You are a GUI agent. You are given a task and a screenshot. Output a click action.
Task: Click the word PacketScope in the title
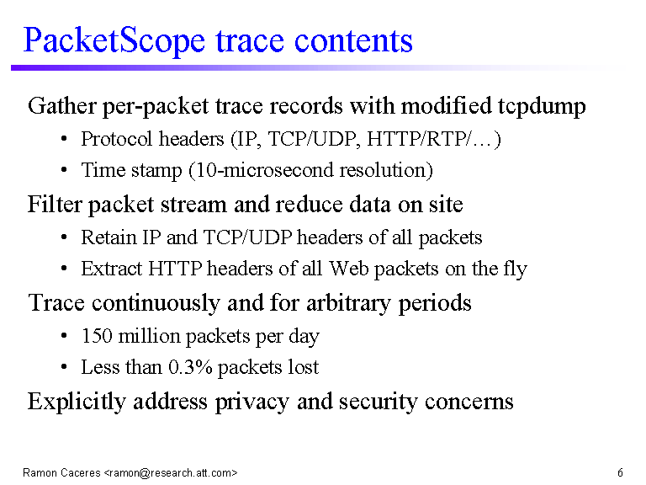[x=114, y=41]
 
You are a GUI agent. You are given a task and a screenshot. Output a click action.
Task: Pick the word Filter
[x=55, y=204]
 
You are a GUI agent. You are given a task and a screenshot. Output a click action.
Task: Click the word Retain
[x=109, y=237]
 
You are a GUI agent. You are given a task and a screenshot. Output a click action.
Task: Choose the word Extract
[x=112, y=269]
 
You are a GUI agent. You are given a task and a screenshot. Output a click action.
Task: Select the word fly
[x=515, y=269]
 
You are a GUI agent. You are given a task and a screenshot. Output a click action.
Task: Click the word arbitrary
[x=347, y=303]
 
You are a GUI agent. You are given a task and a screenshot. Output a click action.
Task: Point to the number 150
[x=97, y=336]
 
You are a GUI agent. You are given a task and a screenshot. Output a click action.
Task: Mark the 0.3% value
[x=190, y=367]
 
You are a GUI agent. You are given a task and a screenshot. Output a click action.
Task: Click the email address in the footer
[x=171, y=472]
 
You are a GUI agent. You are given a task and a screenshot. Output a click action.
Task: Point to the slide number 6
[x=620, y=472]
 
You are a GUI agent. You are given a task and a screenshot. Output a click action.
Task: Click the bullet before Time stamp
[x=63, y=170]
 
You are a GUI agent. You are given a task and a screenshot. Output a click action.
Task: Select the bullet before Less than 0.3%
[x=63, y=367]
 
